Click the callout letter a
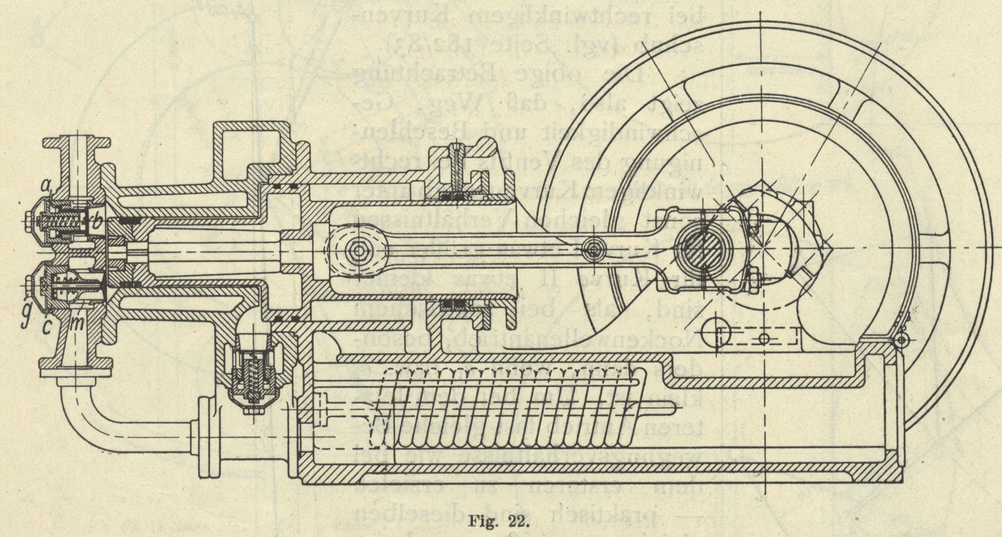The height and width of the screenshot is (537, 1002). (x=48, y=190)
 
